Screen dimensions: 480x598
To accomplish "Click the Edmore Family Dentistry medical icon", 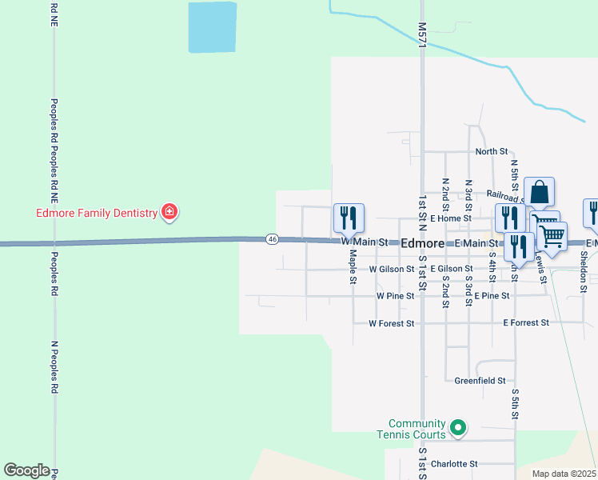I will [169, 212].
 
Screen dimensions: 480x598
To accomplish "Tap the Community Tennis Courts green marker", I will [457, 429].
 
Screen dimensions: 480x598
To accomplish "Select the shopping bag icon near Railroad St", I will [540, 194].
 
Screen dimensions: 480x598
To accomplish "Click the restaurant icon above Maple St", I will [349, 218].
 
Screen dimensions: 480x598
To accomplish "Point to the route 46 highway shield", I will [273, 239].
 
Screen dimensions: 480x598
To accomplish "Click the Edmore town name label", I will [421, 242].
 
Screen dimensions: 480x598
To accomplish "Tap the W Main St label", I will [364, 242].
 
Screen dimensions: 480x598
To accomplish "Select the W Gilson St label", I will [392, 270].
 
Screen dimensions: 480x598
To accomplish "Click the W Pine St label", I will [395, 296].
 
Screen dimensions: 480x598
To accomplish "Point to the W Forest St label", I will [391, 324].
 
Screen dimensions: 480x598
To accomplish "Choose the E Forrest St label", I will [526, 323].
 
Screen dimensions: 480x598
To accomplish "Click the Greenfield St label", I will [480, 381].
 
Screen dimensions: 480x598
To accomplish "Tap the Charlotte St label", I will [453, 463].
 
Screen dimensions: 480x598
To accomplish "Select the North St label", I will [491, 151].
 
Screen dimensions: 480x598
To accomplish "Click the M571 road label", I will [421, 34].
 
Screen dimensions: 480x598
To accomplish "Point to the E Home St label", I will [450, 218].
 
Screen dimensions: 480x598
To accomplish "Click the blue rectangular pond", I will [212, 28].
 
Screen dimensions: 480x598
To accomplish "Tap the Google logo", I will [26, 470].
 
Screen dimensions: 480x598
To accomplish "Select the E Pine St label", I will [492, 296].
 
